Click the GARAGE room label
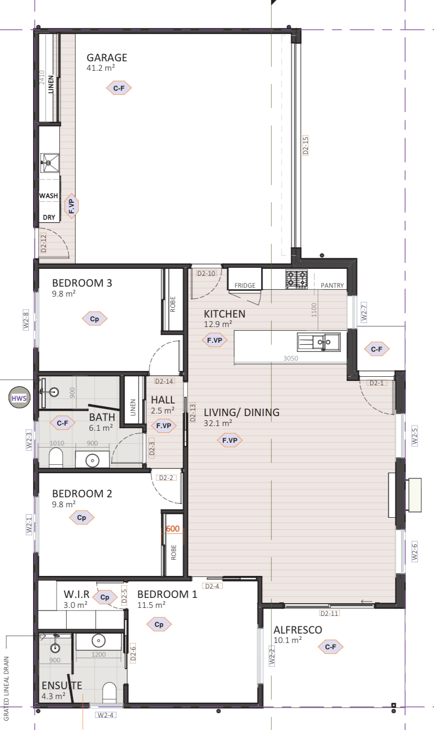(106, 58)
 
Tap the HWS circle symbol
(19, 398)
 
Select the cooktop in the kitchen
(296, 279)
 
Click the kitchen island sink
(319, 342)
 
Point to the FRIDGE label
(245, 286)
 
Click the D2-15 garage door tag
(306, 145)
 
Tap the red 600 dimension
(172, 528)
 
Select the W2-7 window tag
(364, 312)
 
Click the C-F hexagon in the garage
(118, 88)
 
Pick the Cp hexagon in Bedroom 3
(94, 319)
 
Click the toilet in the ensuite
(110, 692)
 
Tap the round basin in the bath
(93, 461)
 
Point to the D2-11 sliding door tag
(329, 613)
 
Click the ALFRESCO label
(298, 630)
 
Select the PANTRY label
(332, 286)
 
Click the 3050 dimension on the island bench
(290, 358)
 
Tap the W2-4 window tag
(105, 715)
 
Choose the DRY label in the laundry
(49, 217)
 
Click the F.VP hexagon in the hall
(164, 426)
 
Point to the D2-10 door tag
(207, 274)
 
